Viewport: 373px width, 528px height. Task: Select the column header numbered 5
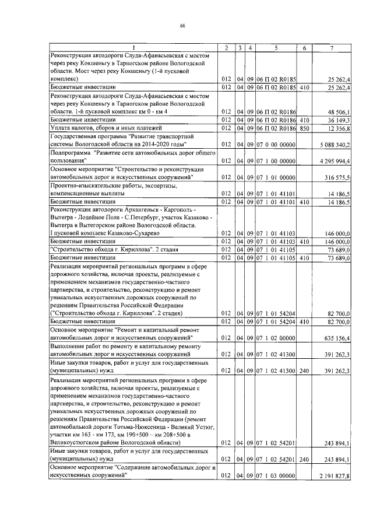(276, 47)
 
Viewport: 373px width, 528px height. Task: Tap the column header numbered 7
(332, 47)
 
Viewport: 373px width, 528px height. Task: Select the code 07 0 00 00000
(276, 144)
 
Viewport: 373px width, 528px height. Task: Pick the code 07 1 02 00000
(276, 337)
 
